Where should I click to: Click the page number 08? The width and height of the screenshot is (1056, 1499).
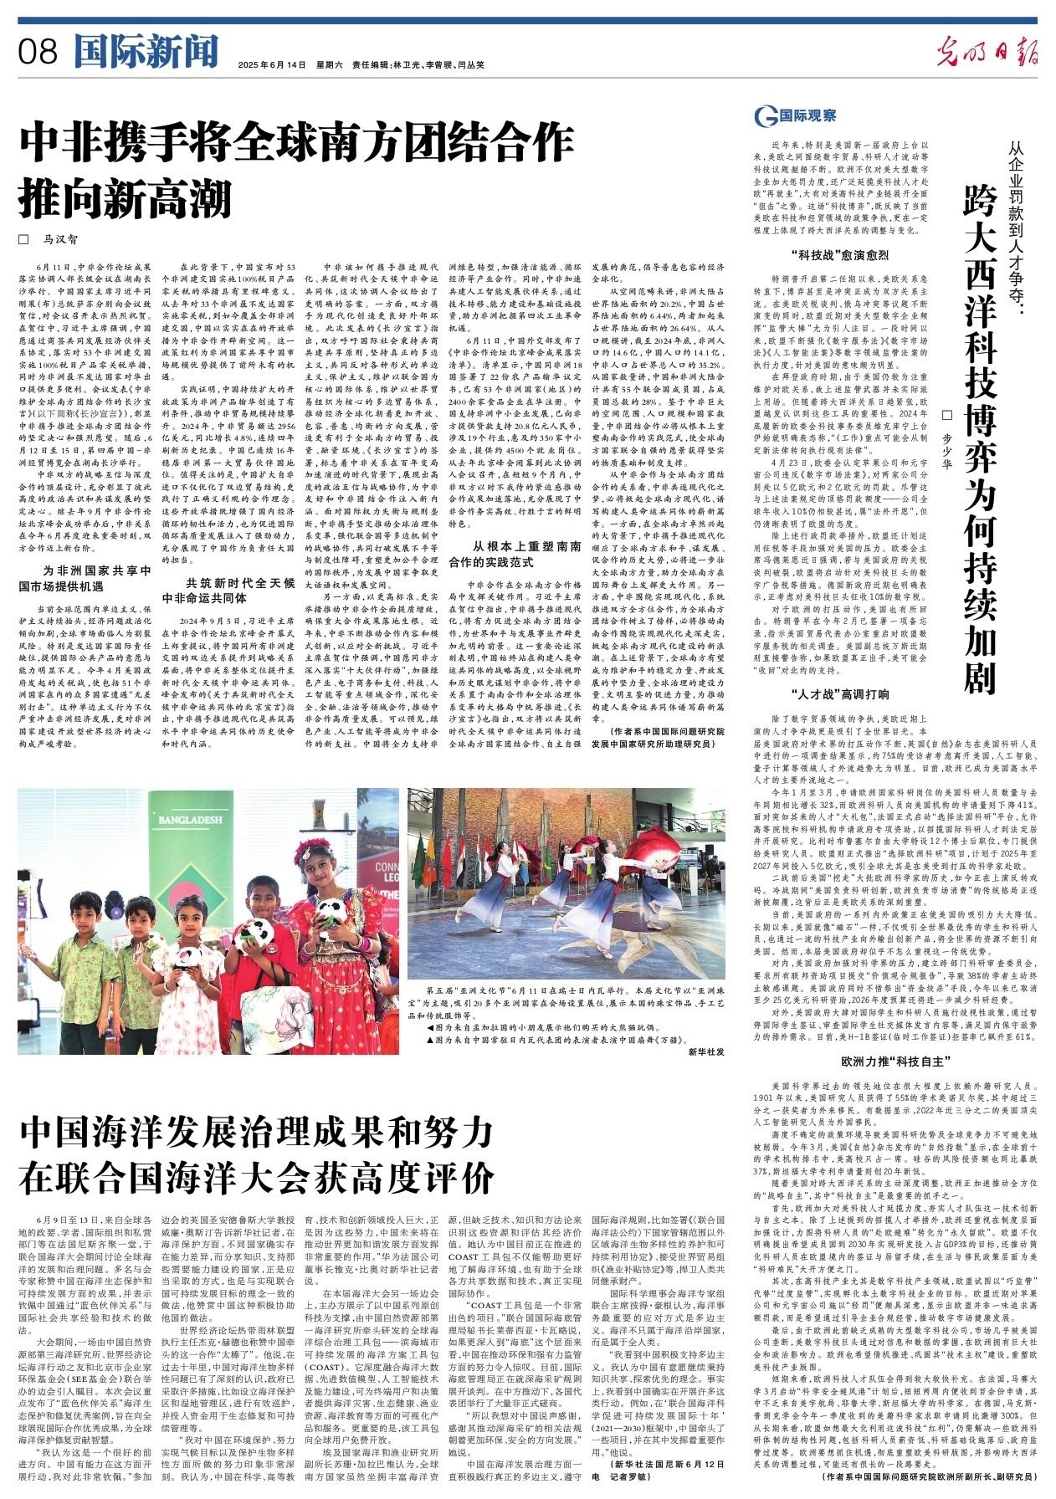(38, 53)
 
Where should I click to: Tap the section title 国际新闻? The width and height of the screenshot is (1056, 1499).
(146, 51)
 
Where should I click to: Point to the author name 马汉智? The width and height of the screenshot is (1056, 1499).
(60, 239)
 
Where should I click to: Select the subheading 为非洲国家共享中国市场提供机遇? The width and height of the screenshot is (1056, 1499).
(85, 578)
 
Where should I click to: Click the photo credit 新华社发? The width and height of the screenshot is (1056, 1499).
(706, 1051)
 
